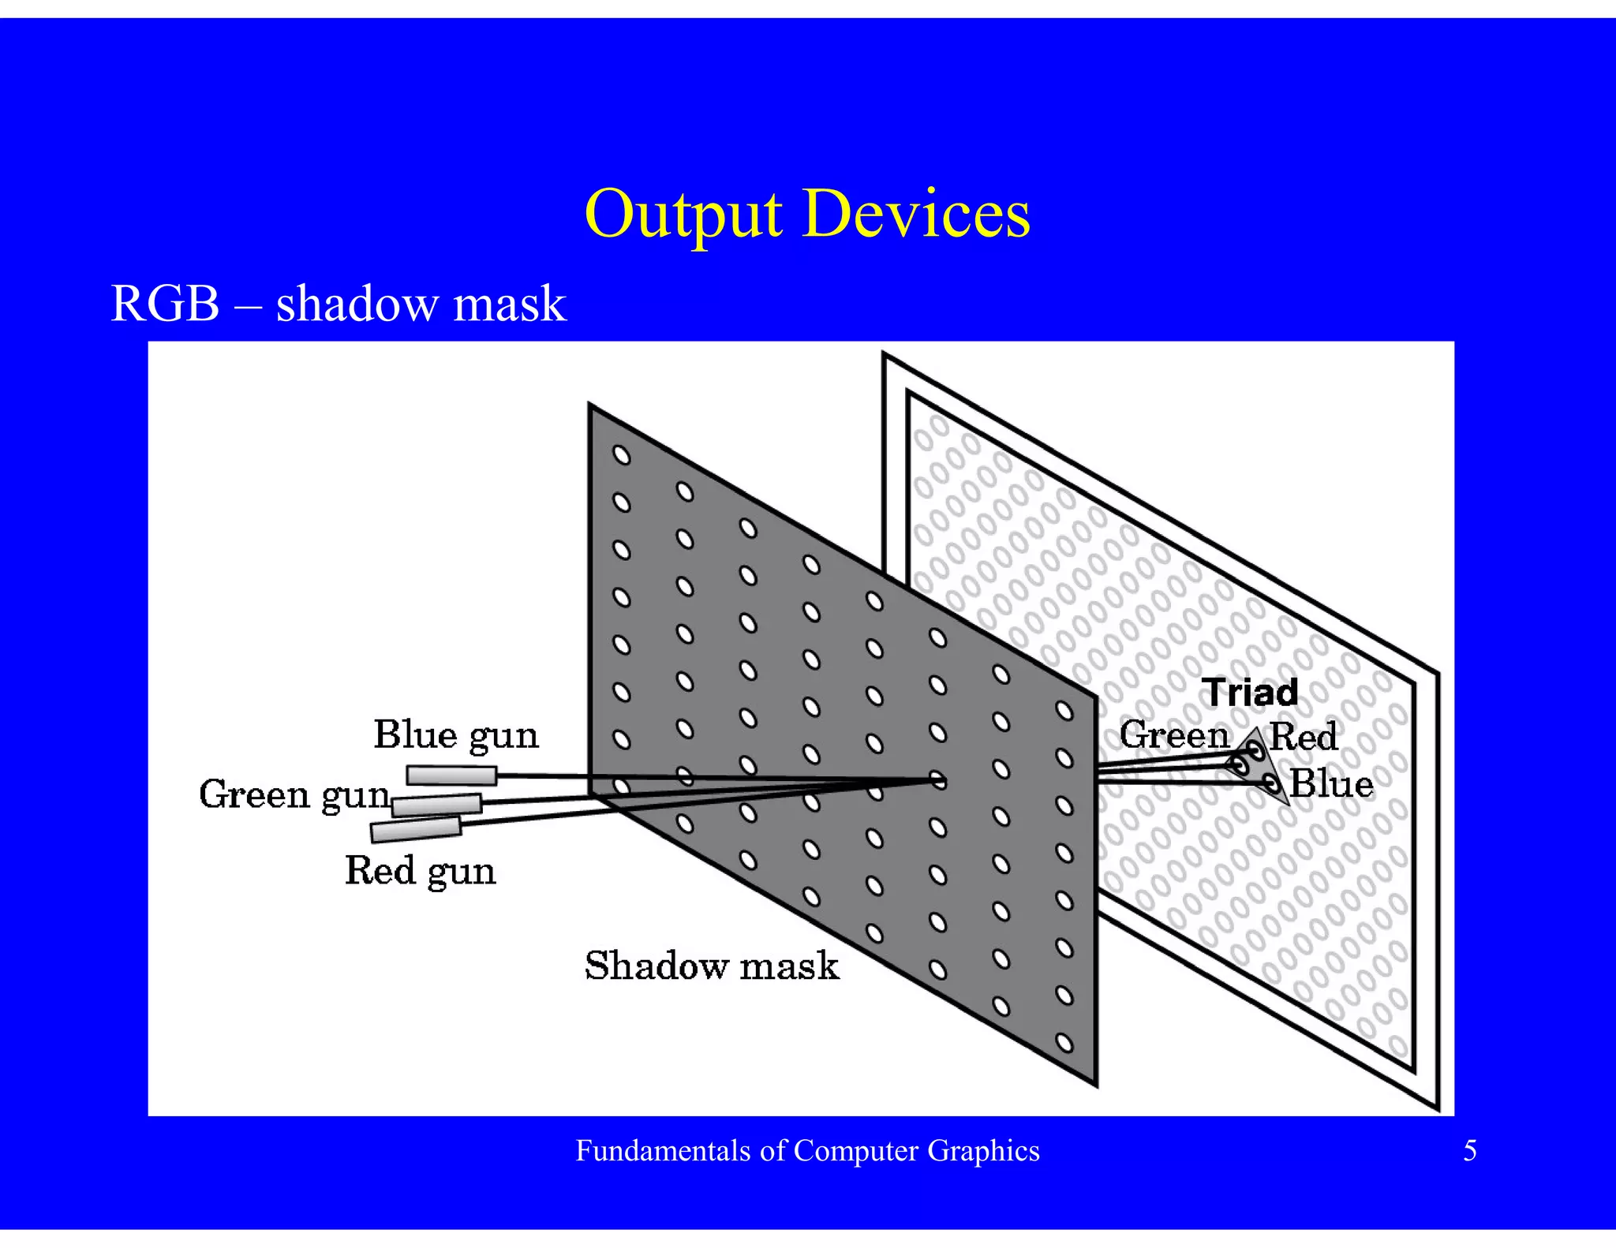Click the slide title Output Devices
click(806, 214)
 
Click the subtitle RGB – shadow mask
click(339, 304)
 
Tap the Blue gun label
click(455, 736)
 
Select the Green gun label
click(294, 795)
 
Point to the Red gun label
click(420, 872)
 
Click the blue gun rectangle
click(451, 775)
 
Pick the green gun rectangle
click(436, 805)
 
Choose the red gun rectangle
click(416, 829)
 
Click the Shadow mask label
click(712, 966)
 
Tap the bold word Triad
click(1250, 693)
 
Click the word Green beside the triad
click(1174, 736)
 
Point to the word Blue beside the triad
click(1331, 785)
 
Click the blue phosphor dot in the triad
click(1270, 783)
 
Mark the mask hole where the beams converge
click(937, 780)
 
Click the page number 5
click(1469, 1151)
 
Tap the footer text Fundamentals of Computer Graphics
click(807, 1151)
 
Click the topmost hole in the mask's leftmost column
click(622, 456)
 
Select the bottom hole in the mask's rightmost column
click(1064, 1044)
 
